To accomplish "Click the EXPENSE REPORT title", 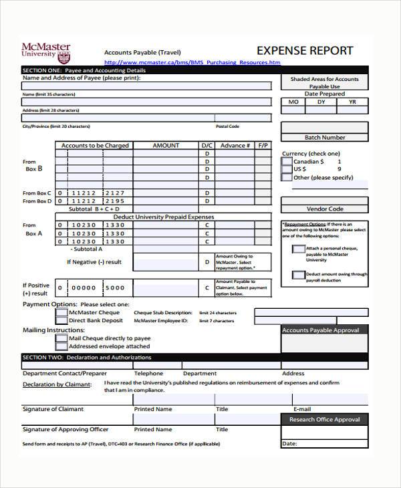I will click(305, 51).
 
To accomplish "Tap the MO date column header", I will click(293, 102).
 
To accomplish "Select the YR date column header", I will click(353, 102).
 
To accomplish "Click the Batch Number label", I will click(325, 137).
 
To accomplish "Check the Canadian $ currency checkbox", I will click(287, 162).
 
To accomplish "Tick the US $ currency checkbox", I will click(287, 170).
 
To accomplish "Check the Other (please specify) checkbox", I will click(287, 178).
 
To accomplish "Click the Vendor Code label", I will click(325, 209).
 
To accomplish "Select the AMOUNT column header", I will click(166, 145).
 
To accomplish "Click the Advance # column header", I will click(235, 145).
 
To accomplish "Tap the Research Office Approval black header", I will click(325, 419).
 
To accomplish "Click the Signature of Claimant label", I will click(53, 408).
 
